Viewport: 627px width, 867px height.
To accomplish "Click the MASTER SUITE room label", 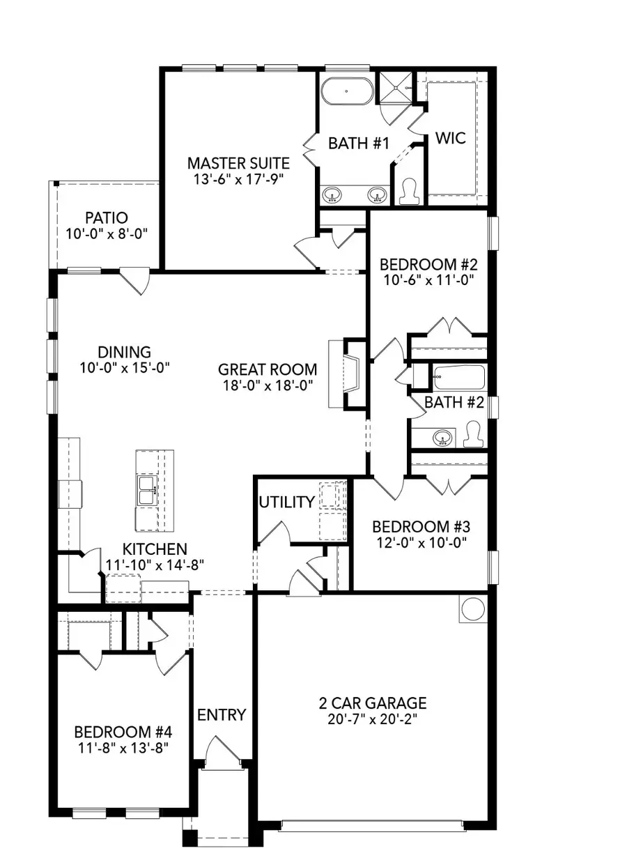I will pos(238,163).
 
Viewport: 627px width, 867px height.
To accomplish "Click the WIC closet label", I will pos(450,137).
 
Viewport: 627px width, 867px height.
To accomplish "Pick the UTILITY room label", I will pos(286,502).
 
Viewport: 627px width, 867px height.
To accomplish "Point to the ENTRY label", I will pos(222,714).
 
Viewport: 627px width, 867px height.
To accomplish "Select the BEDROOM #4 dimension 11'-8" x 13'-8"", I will pos(123,747).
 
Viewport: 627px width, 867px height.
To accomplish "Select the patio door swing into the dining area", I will pos(135,282).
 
